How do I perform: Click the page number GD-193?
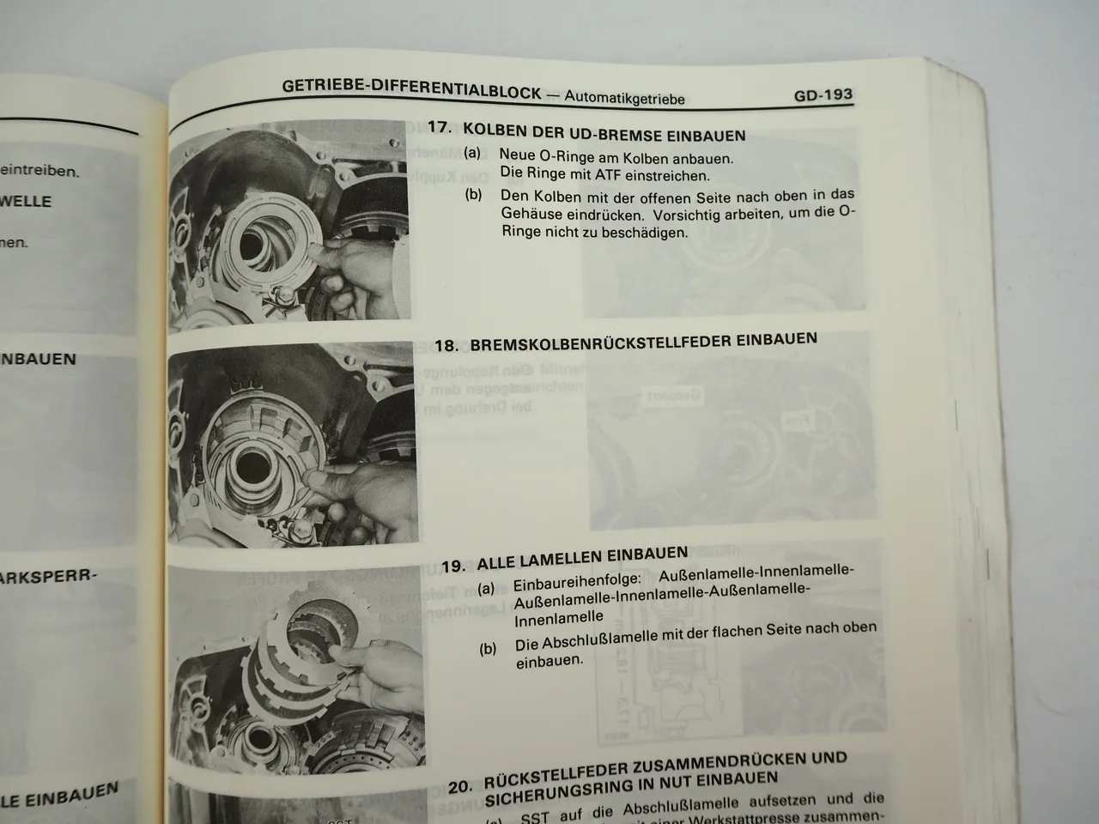click(823, 95)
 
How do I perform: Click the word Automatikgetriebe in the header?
click(624, 98)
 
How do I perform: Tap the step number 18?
click(447, 346)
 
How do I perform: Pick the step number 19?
click(453, 566)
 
